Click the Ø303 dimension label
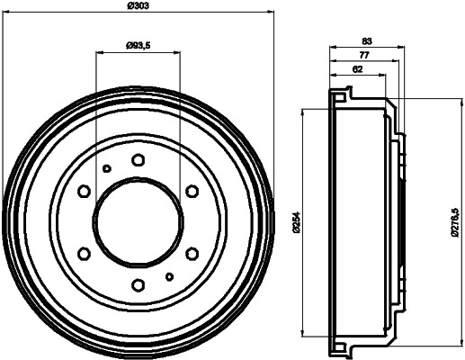[139, 5]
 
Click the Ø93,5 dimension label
[139, 44]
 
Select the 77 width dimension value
[363, 55]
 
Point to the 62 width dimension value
[357, 68]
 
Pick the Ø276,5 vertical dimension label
[456, 221]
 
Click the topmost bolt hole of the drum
[138, 160]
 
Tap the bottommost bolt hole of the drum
[138, 285]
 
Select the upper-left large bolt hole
[84, 192]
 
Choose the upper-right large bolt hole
[192, 192]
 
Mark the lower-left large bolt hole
[84, 254]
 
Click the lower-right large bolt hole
[192, 254]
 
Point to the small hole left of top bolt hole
[106, 168]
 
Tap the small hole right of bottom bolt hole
[169, 276]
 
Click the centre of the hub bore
[138, 222]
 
